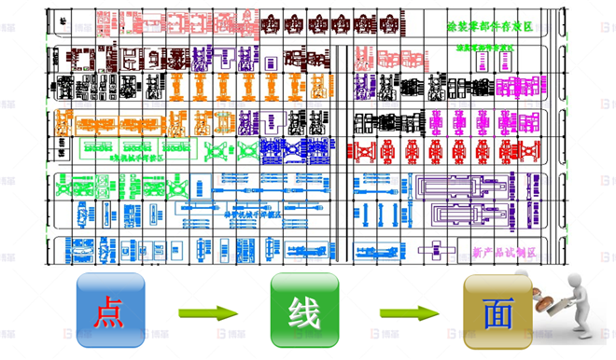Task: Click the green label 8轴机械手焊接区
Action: pyautogui.click(x=140, y=157)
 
